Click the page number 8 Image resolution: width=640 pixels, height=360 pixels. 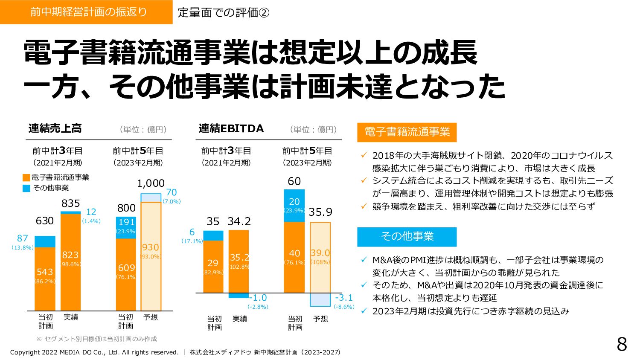tap(622, 344)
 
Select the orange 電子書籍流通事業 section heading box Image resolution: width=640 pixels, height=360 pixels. tap(407, 132)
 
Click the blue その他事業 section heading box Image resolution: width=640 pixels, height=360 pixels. tap(407, 237)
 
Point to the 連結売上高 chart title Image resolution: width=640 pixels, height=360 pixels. tap(55, 128)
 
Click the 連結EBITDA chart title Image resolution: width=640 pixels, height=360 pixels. tap(231, 128)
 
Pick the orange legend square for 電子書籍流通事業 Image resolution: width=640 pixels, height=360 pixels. tap(26, 178)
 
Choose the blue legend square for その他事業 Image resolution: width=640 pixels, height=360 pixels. tap(26, 188)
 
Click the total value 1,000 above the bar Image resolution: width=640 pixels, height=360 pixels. tap(151, 183)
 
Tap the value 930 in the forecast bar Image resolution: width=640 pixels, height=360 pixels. tap(151, 247)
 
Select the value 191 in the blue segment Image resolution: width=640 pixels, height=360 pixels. tap(126, 222)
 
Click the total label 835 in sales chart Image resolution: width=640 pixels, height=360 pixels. tap(70, 203)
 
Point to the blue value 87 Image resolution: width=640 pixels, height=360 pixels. tap(23, 238)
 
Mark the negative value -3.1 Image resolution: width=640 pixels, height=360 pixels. tap(344, 298)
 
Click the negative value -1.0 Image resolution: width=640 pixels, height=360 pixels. tap(258, 298)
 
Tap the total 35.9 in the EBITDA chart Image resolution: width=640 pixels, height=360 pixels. tap(320, 212)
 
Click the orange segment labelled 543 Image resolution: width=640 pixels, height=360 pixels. tap(45, 277)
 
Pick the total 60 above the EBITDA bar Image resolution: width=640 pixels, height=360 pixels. tap(294, 181)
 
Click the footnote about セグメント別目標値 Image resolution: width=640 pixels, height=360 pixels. tap(97, 339)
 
